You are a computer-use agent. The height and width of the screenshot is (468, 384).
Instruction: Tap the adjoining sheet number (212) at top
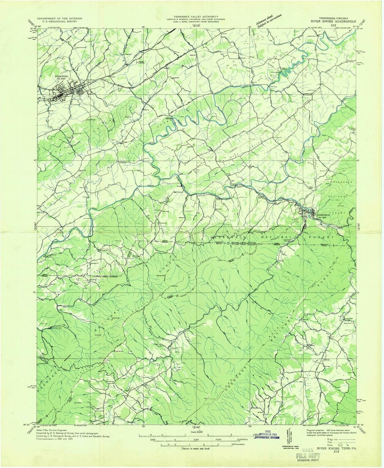coord(196,25)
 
